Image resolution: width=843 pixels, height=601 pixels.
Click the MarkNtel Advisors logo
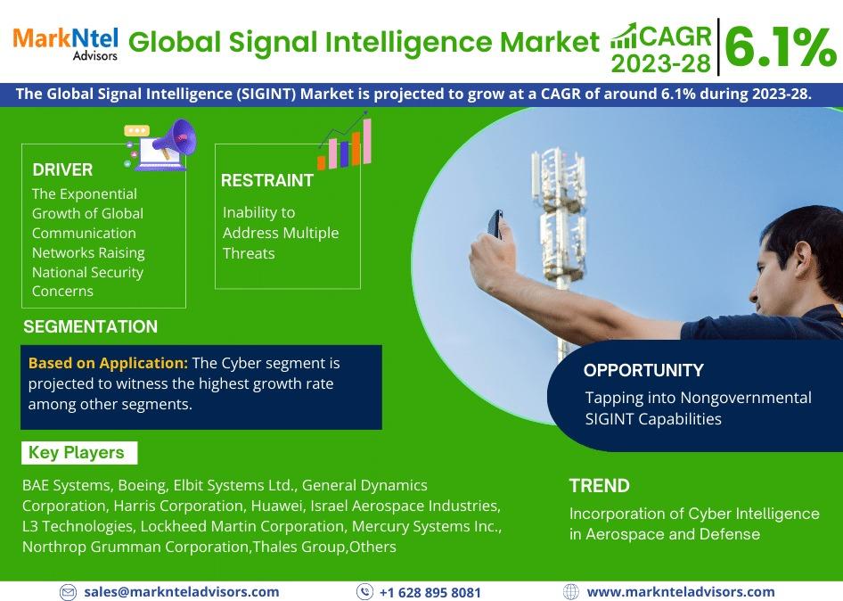click(x=65, y=44)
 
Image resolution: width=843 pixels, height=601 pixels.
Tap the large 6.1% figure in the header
click(x=781, y=47)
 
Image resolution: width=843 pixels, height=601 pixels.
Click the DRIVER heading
click(x=62, y=170)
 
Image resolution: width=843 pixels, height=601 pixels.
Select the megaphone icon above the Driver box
click(x=160, y=144)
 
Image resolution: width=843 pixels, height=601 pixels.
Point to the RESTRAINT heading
click(x=267, y=180)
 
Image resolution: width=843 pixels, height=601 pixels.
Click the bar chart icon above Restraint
click(x=345, y=141)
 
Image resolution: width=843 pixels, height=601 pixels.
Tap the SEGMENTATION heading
click(x=90, y=326)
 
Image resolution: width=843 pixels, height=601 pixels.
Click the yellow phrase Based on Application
click(x=108, y=363)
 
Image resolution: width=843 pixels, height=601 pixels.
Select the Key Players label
click(x=77, y=452)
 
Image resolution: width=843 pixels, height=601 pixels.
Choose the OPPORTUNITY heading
click(x=643, y=370)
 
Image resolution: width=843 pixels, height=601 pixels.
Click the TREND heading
click(x=600, y=486)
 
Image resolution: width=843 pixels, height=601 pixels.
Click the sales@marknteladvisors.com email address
click(x=182, y=592)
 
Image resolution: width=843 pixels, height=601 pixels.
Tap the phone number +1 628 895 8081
click(x=430, y=592)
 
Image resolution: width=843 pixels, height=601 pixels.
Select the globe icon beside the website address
click(x=571, y=592)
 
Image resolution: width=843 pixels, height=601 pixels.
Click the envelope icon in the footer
click(x=68, y=592)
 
